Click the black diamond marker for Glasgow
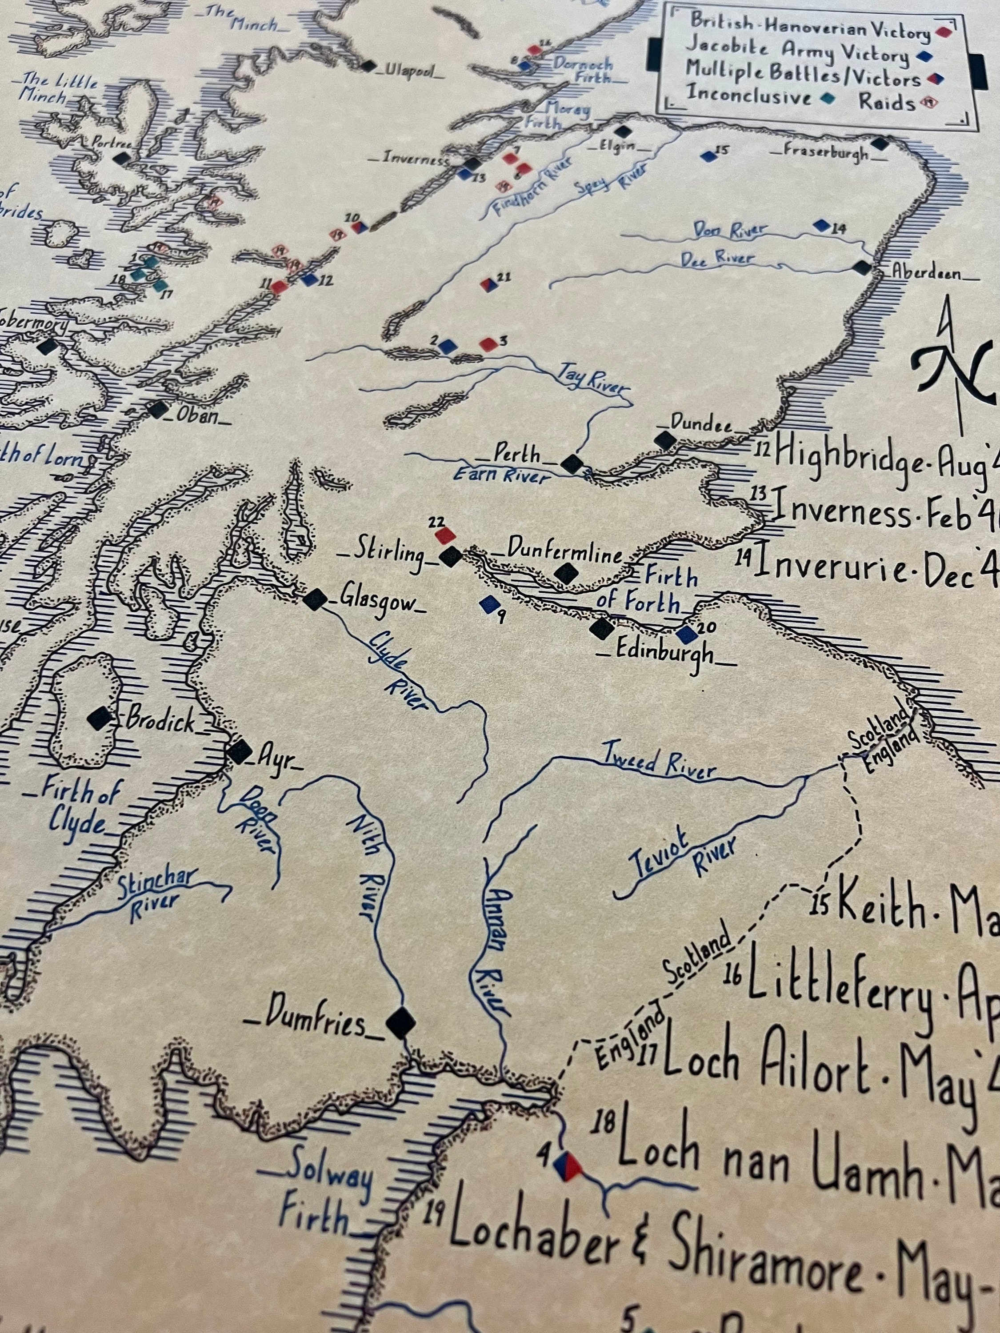click(315, 599)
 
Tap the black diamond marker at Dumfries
click(401, 1022)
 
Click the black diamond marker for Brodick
click(100, 718)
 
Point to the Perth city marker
click(572, 464)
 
